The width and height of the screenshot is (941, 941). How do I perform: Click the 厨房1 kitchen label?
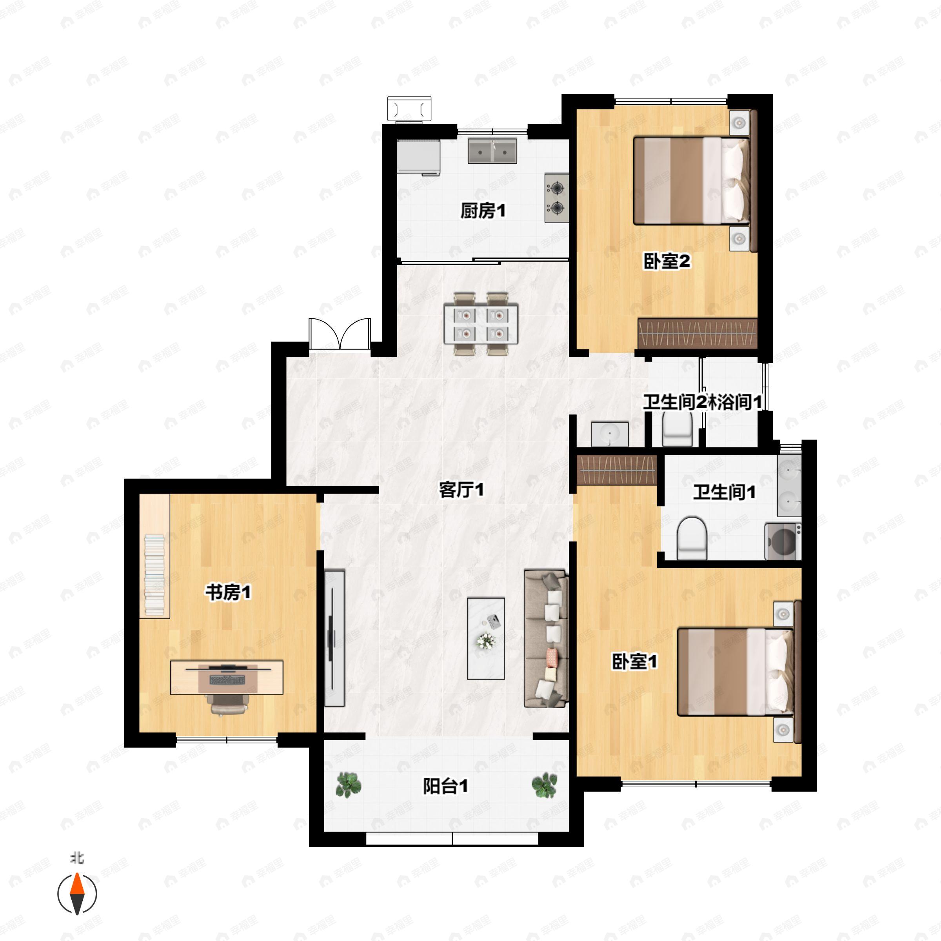[x=483, y=211]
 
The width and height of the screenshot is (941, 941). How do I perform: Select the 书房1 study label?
[x=228, y=593]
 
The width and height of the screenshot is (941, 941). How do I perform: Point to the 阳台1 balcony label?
[x=445, y=786]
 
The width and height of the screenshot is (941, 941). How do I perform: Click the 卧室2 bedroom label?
[x=666, y=262]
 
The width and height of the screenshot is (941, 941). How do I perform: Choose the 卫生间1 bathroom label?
[x=724, y=492]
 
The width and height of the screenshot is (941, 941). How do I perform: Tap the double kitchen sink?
[x=492, y=151]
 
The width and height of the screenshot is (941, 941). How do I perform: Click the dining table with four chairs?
[x=481, y=324]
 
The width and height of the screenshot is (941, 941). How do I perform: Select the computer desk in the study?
[x=227, y=677]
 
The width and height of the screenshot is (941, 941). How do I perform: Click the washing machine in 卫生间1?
[x=783, y=541]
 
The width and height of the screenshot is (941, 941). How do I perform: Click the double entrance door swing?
[x=340, y=334]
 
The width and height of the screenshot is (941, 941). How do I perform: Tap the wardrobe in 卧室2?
[x=698, y=334]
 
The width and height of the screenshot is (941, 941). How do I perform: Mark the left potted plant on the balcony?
[x=349, y=785]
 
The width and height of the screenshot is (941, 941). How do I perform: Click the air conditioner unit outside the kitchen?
[x=409, y=108]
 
